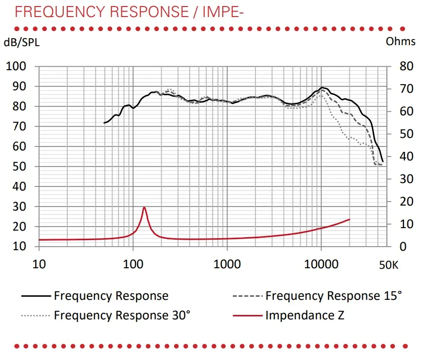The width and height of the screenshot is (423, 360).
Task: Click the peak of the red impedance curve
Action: click(144, 207)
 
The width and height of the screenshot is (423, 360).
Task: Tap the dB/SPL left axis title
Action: click(22, 43)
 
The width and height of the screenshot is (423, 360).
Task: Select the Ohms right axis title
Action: click(400, 42)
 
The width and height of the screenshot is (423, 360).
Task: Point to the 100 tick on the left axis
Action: click(20, 67)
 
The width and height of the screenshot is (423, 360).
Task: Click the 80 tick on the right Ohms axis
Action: click(406, 67)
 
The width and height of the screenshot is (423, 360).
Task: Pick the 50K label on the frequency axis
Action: click(388, 265)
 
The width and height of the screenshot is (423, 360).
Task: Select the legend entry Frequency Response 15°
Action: click(334, 296)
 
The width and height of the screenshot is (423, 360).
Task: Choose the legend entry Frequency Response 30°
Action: click(122, 315)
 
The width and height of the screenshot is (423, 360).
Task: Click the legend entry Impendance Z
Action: click(305, 315)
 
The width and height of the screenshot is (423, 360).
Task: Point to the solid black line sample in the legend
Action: click(36, 296)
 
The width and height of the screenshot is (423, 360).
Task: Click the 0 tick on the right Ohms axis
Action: click(402, 247)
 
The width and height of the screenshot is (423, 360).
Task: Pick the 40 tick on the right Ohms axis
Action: click(406, 156)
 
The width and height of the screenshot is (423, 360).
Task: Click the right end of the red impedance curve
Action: click(349, 220)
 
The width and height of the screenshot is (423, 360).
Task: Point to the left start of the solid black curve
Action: click(104, 123)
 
